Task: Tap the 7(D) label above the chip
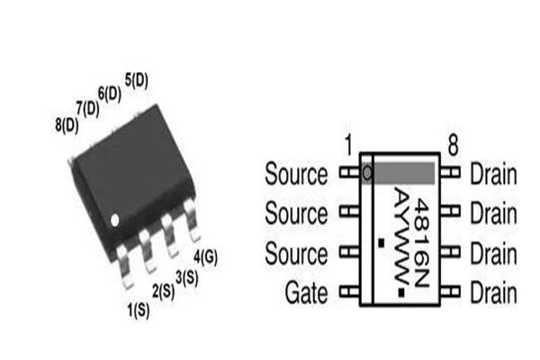click(88, 108)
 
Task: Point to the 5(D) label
click(137, 80)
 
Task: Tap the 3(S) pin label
click(185, 277)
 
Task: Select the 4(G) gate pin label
click(206, 256)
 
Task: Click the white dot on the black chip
click(115, 219)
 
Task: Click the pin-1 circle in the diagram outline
click(367, 172)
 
